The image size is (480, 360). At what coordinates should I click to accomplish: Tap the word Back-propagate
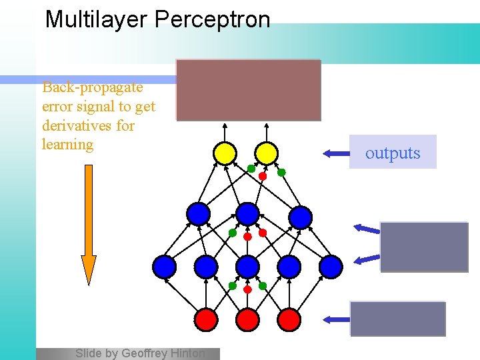[92, 87]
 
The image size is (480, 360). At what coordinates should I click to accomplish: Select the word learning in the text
[67, 144]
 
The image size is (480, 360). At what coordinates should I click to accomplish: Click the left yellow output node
[225, 154]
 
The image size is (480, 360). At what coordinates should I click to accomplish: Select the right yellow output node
[266, 154]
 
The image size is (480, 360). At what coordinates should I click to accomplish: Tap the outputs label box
[393, 153]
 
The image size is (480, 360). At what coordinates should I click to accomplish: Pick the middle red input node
[247, 320]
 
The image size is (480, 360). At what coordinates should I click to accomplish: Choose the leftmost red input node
[206, 320]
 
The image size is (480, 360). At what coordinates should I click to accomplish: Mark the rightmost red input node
[289, 320]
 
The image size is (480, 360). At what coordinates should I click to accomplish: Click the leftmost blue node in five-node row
[165, 267]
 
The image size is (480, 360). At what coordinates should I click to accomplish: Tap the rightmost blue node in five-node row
[330, 267]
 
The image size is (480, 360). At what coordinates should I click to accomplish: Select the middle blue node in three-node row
[247, 214]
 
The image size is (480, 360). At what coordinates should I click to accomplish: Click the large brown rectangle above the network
[248, 90]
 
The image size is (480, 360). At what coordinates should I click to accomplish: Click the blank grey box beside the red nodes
[397, 319]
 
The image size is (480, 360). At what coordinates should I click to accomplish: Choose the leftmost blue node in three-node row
[198, 214]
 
